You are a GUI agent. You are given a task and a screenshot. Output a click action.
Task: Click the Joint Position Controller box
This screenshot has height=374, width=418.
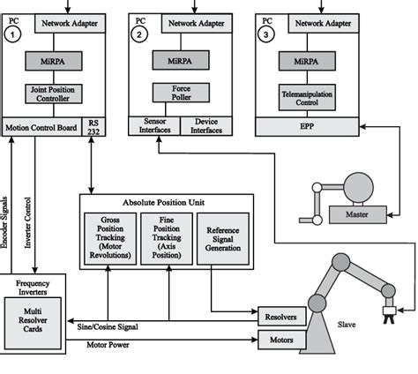(x=57, y=93)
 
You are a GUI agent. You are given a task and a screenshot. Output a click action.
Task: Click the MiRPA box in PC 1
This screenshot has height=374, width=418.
(x=57, y=60)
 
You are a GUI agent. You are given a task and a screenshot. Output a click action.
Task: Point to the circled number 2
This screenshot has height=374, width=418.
(x=139, y=34)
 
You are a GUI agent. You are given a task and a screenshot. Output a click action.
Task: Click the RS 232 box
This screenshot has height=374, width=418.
(x=93, y=126)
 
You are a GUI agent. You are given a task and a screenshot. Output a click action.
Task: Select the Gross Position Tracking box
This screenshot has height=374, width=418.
(x=108, y=236)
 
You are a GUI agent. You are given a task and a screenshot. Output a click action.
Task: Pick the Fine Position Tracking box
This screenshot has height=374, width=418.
(x=166, y=236)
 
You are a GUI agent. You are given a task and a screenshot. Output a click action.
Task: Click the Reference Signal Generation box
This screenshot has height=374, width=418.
(x=221, y=236)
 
